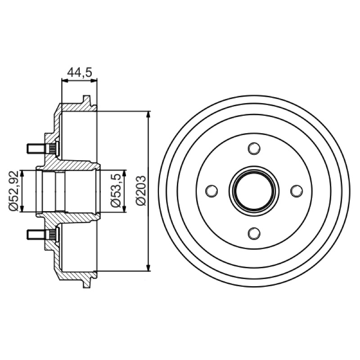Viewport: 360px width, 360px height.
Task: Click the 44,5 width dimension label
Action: coord(80,72)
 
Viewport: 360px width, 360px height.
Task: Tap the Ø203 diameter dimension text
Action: coord(140,190)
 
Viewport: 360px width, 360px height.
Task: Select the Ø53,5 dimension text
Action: coord(116,190)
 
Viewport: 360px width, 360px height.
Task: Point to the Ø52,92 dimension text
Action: coord(13,190)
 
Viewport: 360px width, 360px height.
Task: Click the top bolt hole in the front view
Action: coord(254,148)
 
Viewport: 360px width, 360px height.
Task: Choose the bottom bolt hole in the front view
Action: coord(254,233)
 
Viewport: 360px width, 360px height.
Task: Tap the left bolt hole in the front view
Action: coord(211,191)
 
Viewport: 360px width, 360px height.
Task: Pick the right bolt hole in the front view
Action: coord(297,191)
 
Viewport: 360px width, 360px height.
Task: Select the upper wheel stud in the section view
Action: coord(42,148)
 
